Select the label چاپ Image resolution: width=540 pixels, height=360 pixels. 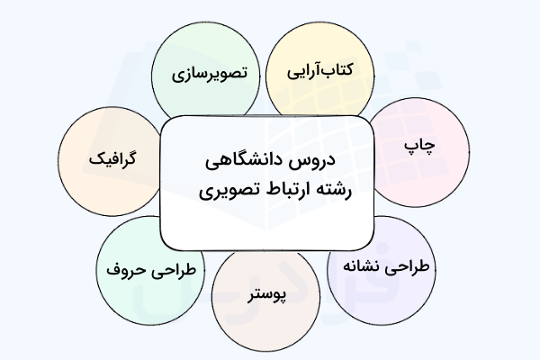(x=416, y=145)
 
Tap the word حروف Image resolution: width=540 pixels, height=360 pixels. (x=123, y=267)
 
